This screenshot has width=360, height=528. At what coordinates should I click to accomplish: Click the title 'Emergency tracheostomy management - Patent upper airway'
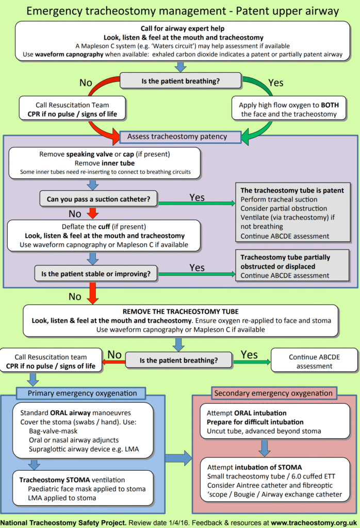click(x=180, y=10)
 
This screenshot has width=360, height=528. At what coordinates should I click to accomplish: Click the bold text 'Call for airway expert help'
click(x=180, y=28)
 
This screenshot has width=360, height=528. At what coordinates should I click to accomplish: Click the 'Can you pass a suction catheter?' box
click(x=99, y=199)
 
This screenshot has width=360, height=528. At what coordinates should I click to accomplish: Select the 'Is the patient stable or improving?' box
click(x=99, y=274)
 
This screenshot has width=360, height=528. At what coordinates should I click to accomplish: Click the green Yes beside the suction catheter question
click(x=197, y=197)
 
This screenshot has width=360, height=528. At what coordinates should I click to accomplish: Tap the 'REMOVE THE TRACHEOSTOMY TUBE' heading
click(x=180, y=312)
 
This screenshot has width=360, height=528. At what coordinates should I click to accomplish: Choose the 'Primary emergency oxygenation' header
click(x=83, y=393)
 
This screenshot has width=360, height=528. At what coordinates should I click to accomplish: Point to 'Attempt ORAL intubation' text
click(x=247, y=413)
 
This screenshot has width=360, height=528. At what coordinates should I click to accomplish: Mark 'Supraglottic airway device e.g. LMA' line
click(x=84, y=449)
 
